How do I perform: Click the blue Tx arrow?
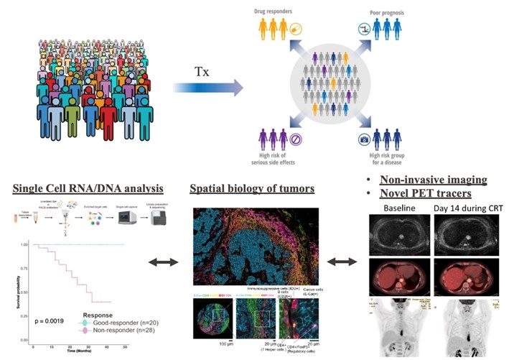(207, 88)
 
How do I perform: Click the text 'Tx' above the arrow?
(203, 72)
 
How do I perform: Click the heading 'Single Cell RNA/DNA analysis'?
(87, 189)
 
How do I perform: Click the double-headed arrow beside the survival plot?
(164, 264)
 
